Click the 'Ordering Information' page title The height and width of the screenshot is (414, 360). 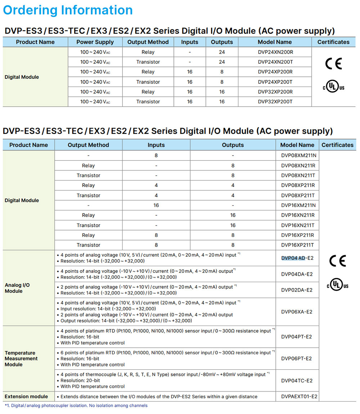click(x=68, y=10)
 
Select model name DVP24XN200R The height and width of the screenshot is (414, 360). click(x=275, y=52)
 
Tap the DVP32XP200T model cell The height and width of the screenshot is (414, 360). click(x=275, y=102)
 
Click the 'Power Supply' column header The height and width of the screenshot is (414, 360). click(x=95, y=42)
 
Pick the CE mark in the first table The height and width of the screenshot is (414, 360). click(x=333, y=64)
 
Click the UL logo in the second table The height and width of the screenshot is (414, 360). click(x=338, y=285)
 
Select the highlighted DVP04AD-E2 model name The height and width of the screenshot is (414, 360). click(x=297, y=258)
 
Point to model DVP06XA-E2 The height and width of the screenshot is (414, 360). click(x=297, y=312)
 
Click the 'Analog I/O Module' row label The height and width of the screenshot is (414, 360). click(x=17, y=288)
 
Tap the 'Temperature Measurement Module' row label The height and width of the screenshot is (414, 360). click(x=21, y=359)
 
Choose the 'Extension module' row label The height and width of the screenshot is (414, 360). click(x=26, y=396)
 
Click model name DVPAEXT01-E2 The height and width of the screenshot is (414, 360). click(x=299, y=396)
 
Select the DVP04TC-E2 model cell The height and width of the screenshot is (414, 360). click(x=297, y=381)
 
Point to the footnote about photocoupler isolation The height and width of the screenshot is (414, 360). click(x=76, y=406)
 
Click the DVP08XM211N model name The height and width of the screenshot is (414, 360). click(x=298, y=156)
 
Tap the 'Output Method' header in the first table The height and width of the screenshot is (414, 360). click(x=148, y=42)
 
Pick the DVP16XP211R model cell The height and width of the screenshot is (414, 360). click(x=298, y=235)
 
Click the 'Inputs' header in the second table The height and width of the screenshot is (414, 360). click(x=156, y=145)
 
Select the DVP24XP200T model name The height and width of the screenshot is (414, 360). click(x=275, y=82)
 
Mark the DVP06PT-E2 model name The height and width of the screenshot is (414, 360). click(x=297, y=359)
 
